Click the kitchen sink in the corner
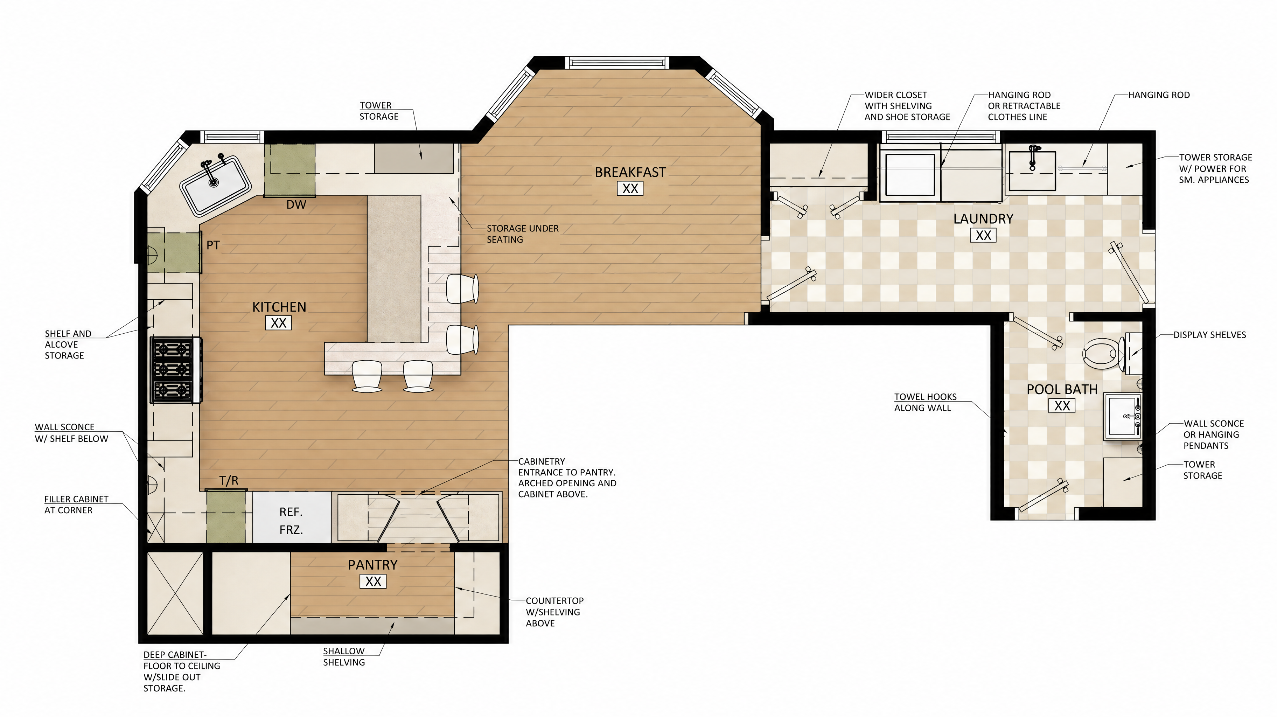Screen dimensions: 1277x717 pos(215,185)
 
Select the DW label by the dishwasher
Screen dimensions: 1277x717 pos(296,205)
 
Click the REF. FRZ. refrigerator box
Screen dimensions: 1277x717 pos(292,517)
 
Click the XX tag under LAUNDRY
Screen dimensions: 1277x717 pos(983,236)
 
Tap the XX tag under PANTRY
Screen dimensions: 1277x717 pos(373,582)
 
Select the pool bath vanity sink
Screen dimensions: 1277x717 pos(1123,417)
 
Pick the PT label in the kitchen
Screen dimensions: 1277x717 pos(213,245)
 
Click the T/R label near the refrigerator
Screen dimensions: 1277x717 pos(229,480)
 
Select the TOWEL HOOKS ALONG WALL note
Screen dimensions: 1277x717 pos(925,402)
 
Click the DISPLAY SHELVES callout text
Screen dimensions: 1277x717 pos(1209,335)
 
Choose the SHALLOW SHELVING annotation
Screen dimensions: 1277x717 pos(344,656)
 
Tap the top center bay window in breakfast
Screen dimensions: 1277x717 pos(617,63)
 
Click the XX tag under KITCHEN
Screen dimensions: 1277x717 pos(279,323)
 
